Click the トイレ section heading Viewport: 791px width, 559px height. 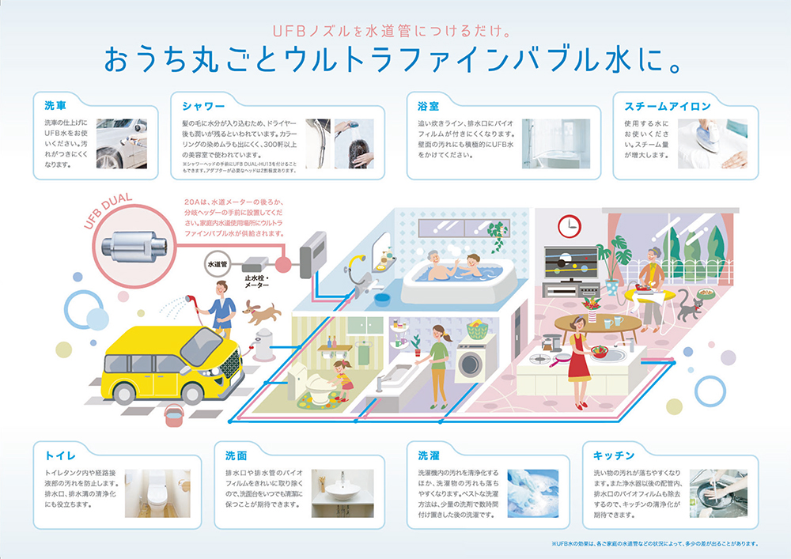[61, 456]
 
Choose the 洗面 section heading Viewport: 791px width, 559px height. [237, 456]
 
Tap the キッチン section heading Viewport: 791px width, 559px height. [614, 456]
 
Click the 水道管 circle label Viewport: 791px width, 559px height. [217, 264]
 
